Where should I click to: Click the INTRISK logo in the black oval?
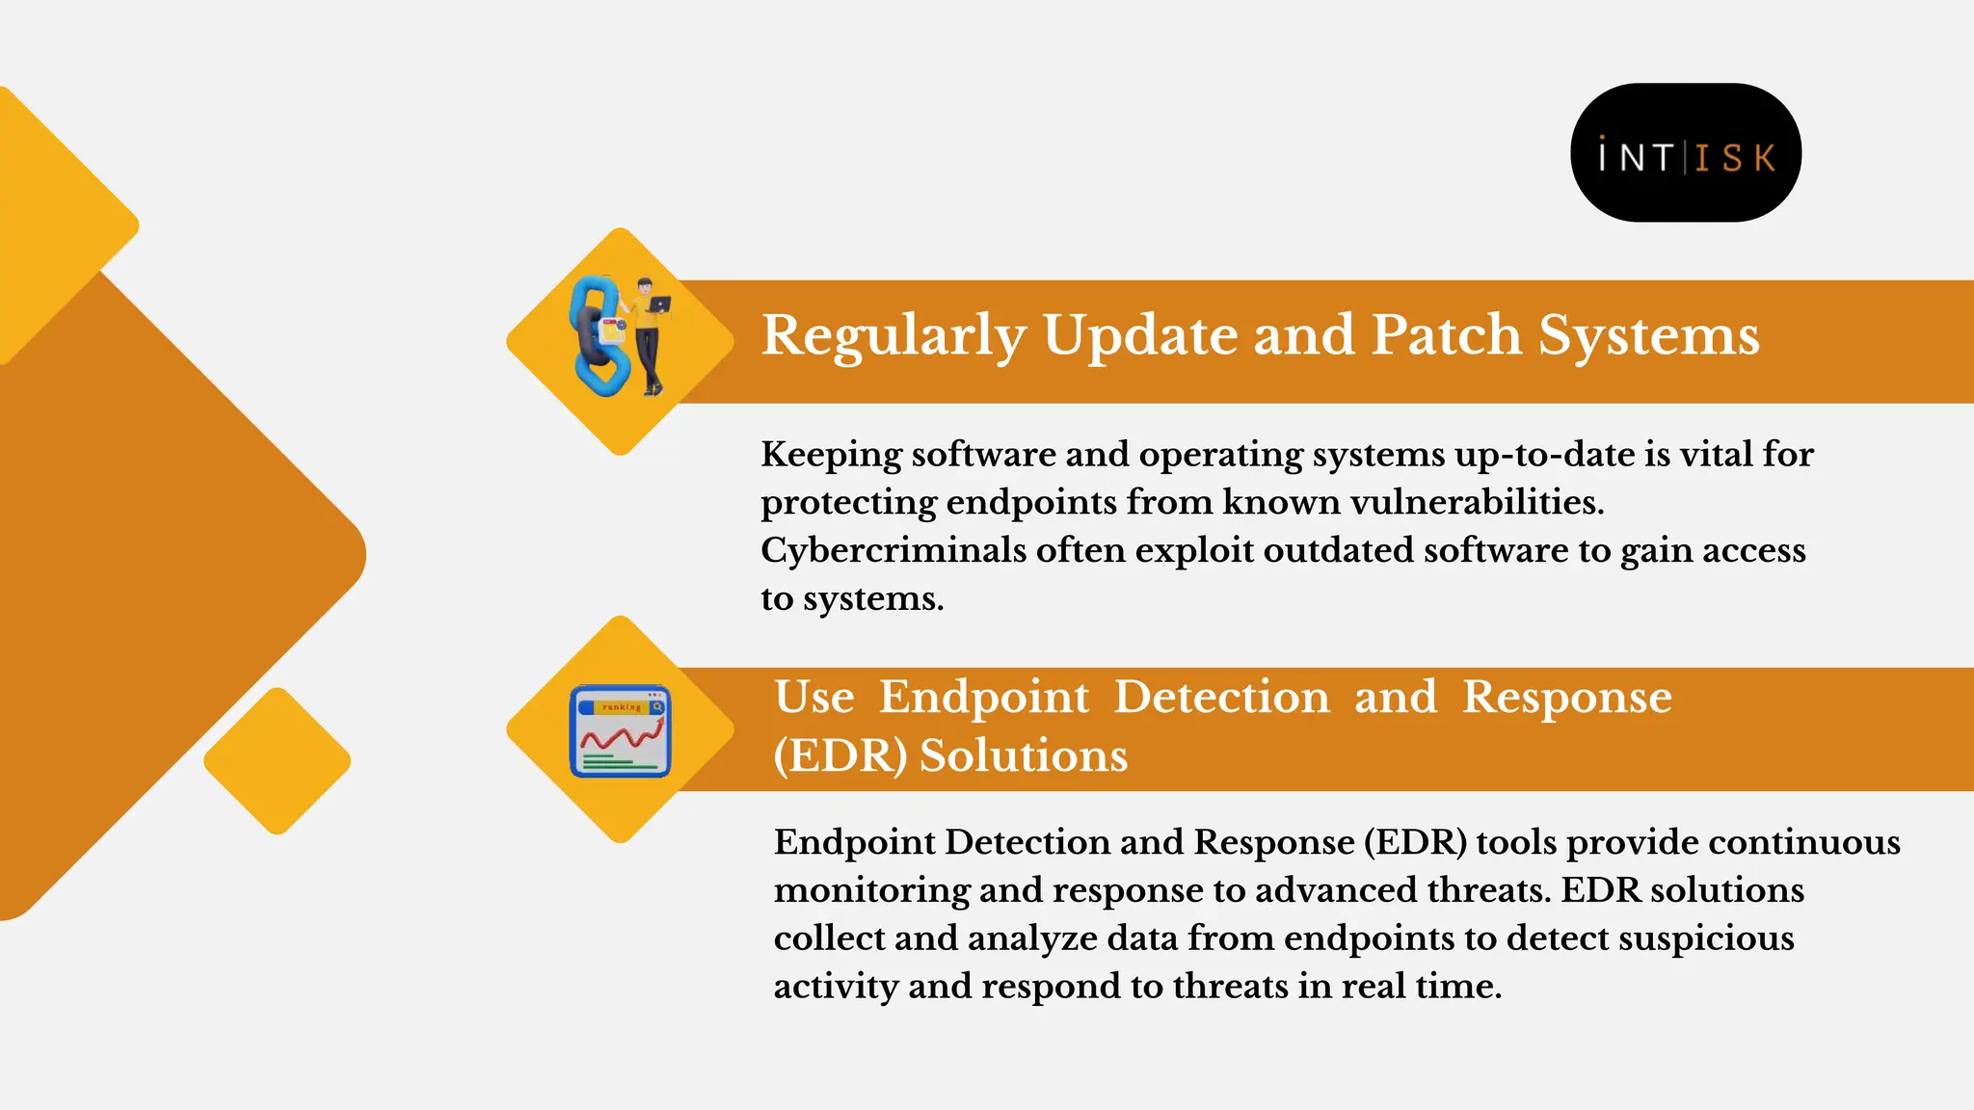pos(1686,154)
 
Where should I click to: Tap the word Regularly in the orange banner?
pos(893,337)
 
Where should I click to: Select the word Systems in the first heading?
pos(1648,337)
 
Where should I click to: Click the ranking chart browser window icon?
pos(620,731)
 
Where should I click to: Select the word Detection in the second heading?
pos(1221,697)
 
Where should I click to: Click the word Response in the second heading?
pos(1566,697)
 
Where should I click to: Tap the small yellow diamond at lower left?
pos(278,761)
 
